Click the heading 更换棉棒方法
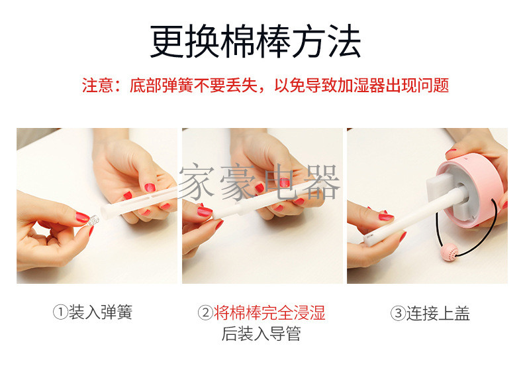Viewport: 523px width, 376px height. click(x=256, y=41)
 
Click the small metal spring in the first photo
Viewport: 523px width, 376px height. click(x=93, y=220)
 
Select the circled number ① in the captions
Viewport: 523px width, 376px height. click(x=60, y=312)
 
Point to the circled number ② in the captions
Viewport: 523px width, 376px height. click(x=205, y=313)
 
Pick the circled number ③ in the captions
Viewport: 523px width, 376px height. click(x=398, y=314)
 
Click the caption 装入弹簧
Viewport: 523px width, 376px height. click(x=101, y=312)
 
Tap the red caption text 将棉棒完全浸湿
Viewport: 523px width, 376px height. click(x=269, y=313)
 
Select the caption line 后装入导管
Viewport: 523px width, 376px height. click(x=261, y=334)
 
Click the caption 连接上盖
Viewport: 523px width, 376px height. click(x=438, y=314)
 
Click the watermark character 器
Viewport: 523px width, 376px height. click(x=322, y=182)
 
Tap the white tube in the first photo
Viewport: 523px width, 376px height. click(x=138, y=202)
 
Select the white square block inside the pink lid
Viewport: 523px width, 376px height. click(x=441, y=192)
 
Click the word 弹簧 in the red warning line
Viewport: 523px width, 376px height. click(x=178, y=86)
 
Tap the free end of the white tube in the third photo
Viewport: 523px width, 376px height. click(x=369, y=239)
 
